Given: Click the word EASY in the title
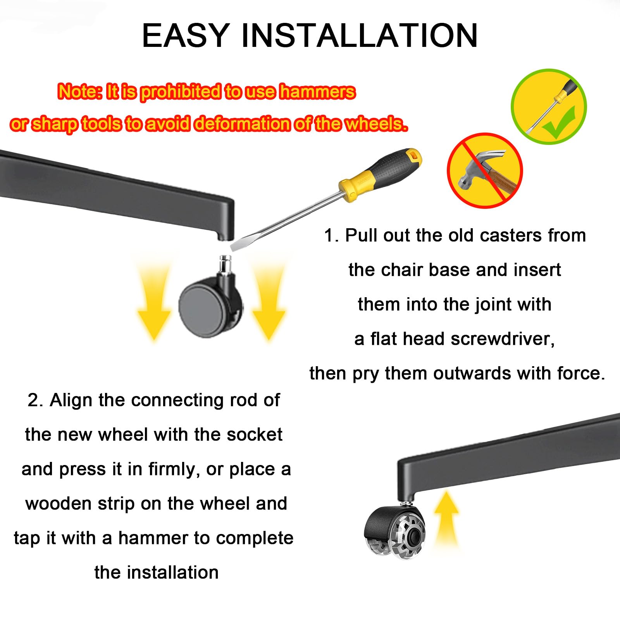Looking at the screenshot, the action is coord(186,36).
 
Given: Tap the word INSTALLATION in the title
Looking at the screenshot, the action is coord(360,36).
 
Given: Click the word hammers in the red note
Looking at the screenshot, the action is coord(317,92).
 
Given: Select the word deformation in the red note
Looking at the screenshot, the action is coord(242,124).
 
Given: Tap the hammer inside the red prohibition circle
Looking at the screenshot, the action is coord(483,170).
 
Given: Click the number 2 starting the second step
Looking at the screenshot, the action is coord(35,400).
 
